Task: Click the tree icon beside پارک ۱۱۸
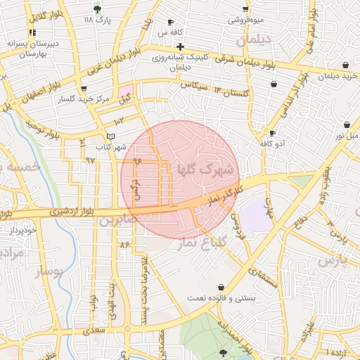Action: [x=97, y=9]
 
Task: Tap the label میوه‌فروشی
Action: [x=245, y=20]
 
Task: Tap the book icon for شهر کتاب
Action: [x=109, y=136]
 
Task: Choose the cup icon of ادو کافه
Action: [x=272, y=133]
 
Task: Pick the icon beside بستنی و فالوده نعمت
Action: [x=222, y=287]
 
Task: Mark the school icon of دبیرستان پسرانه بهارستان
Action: [x=32, y=33]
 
